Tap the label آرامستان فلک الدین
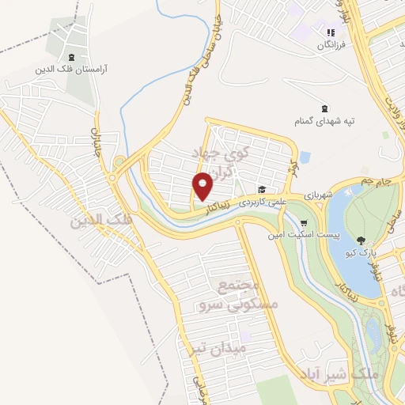[x=71, y=69]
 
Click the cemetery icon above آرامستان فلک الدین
[x=72, y=57]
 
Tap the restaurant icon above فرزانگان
[x=331, y=32]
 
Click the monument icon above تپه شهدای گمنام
[x=324, y=108]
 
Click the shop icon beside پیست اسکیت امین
[x=304, y=224]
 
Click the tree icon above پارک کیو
[x=361, y=240]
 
